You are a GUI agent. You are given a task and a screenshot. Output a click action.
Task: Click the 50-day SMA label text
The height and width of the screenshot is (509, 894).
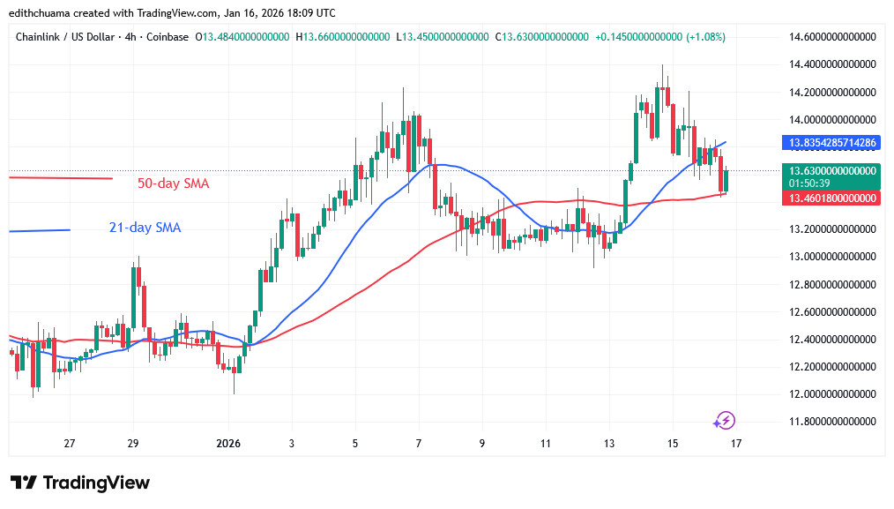pyautogui.click(x=173, y=183)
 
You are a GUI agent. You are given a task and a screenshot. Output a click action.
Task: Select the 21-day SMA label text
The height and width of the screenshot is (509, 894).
pyautogui.click(x=145, y=228)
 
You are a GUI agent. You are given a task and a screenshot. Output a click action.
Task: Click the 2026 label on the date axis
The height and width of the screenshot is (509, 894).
pyautogui.click(x=227, y=443)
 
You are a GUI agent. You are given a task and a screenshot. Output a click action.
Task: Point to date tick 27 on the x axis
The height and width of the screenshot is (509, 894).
pyautogui.click(x=70, y=443)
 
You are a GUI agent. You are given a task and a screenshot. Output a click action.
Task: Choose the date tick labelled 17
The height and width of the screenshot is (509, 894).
pyautogui.click(x=735, y=443)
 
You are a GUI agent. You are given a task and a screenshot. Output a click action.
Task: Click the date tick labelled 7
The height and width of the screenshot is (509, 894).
pyautogui.click(x=419, y=443)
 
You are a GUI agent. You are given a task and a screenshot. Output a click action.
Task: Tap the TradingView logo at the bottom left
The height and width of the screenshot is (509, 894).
pyautogui.click(x=79, y=483)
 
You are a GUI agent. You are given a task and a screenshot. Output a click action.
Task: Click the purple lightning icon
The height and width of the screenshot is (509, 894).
pyautogui.click(x=725, y=420)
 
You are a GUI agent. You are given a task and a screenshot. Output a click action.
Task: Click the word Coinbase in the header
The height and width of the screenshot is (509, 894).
pyautogui.click(x=168, y=37)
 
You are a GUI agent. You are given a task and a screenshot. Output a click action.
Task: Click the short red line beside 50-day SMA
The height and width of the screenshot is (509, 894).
pyautogui.click(x=60, y=178)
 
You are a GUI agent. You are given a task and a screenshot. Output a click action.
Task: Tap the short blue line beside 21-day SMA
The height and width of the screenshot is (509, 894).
pyautogui.click(x=39, y=230)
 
